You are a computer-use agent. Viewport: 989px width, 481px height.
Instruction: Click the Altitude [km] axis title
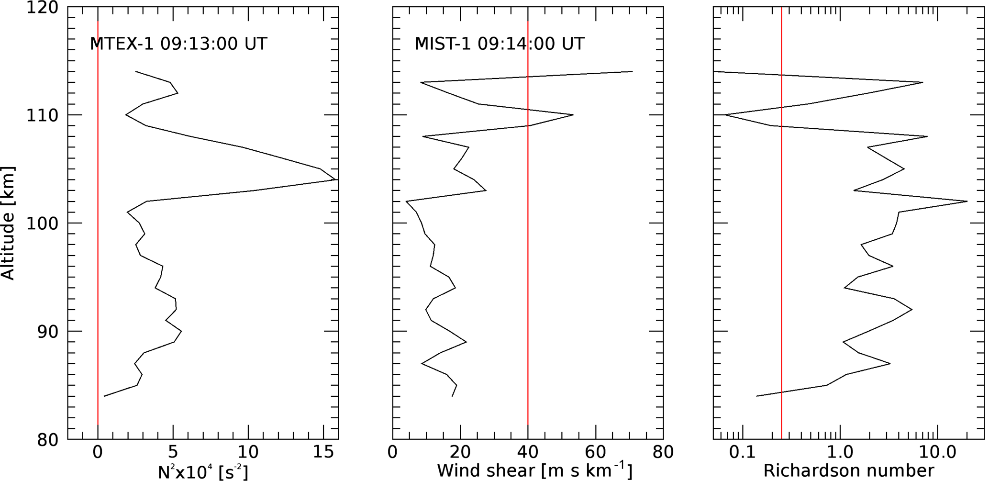pos(8,223)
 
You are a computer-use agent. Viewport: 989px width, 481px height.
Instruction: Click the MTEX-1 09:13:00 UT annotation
pos(178,44)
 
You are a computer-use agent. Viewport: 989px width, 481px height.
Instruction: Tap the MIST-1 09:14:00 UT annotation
pos(500,44)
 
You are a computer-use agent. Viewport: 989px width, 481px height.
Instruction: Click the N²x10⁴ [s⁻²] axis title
pos(203,471)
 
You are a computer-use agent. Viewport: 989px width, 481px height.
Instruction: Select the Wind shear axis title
pos(534,471)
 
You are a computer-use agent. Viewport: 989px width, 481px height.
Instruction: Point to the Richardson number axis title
pos(848,471)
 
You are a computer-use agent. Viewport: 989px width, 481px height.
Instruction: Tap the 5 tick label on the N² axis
pos(173,452)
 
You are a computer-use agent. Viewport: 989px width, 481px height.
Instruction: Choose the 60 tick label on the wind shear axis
pos(596,452)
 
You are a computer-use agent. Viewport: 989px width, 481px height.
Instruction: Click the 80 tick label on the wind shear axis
pos(663,452)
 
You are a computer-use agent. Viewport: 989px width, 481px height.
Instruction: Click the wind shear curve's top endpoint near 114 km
pos(632,71)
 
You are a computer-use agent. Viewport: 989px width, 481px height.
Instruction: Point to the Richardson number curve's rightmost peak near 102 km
pos(967,201)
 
